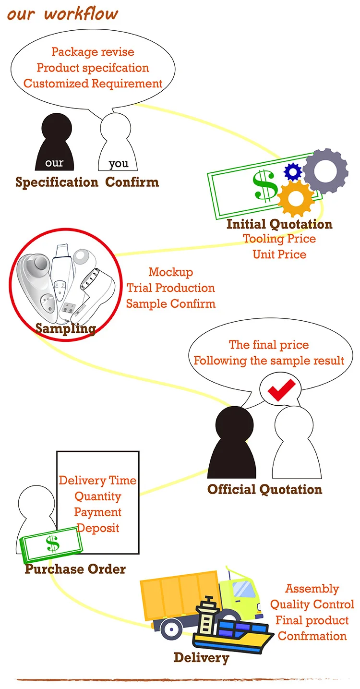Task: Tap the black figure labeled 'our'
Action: pos(55,144)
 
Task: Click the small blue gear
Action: pos(292,171)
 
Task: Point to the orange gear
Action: pos(296,197)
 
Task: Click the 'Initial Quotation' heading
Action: pos(279,224)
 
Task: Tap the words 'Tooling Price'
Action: pos(279,239)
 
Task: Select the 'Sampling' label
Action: pos(66,329)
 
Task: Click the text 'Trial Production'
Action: pos(170,288)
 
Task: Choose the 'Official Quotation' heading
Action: pos(264,490)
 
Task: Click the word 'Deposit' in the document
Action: pos(98,528)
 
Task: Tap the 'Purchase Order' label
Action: pos(75,569)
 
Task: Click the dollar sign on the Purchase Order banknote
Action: pos(52,544)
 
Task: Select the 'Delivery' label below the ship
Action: pos(201,658)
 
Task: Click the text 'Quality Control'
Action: pos(312,604)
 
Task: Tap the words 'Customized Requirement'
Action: pos(93,84)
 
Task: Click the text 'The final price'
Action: pos(269,345)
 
